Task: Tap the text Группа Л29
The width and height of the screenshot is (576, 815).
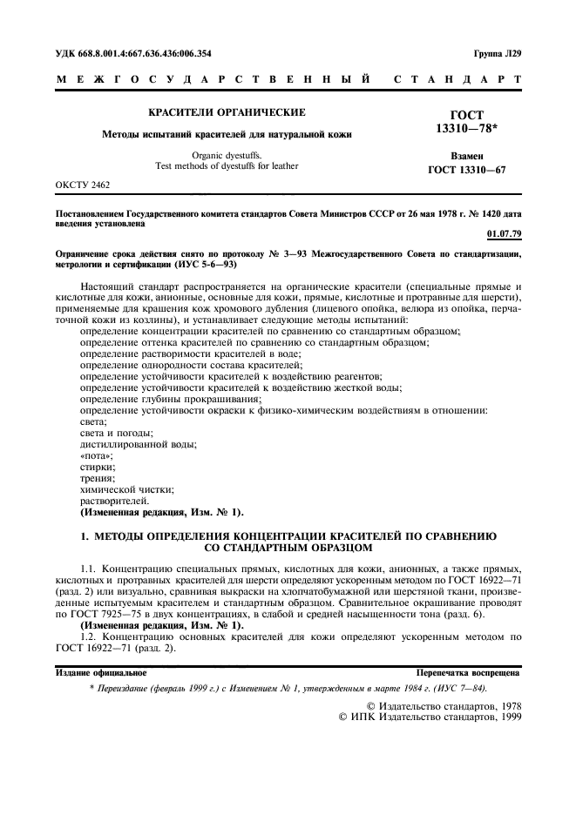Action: (x=498, y=53)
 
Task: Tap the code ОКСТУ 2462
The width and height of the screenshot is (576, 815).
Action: (x=83, y=185)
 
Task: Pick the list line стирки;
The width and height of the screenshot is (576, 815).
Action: (x=97, y=467)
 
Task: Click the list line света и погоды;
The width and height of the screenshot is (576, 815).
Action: (x=116, y=433)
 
